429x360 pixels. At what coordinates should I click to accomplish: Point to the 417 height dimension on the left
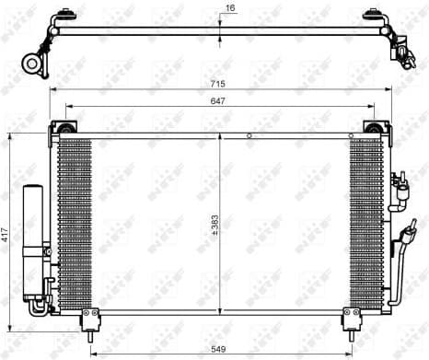pos(6,236)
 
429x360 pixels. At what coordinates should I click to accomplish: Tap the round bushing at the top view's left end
pos(33,64)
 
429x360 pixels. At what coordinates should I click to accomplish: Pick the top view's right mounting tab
pos(373,17)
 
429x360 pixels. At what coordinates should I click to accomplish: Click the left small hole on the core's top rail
pos(249,135)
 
